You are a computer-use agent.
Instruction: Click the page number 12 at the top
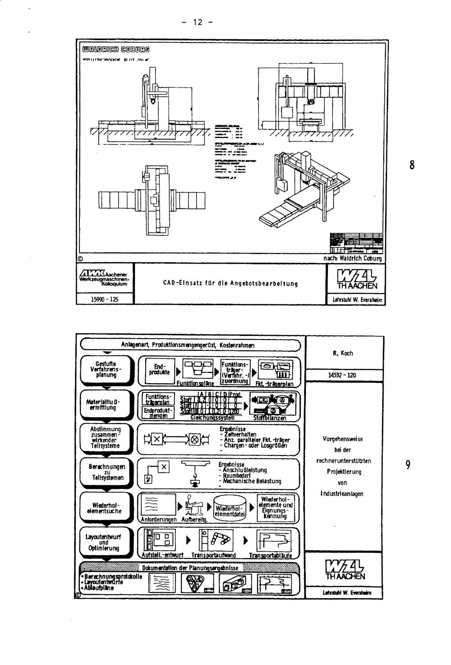point(198,22)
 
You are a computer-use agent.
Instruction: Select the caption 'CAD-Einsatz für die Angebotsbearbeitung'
point(230,284)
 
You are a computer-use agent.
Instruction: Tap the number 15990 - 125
point(105,299)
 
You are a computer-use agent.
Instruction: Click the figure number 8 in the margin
point(412,165)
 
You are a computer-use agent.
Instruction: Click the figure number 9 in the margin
point(408,465)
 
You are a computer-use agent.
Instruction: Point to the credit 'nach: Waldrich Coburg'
point(353,259)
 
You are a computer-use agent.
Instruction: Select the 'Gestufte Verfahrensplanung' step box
point(106,369)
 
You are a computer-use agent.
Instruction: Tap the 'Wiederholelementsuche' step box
point(106,508)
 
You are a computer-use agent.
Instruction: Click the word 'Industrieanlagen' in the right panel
point(342,494)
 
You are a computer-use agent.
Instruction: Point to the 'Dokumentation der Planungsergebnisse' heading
point(190,567)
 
